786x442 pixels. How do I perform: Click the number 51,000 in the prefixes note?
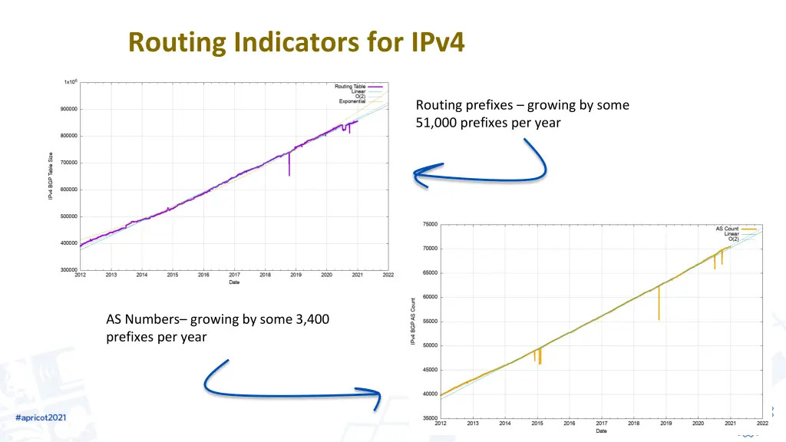coord(437,122)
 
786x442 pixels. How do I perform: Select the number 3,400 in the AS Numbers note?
coord(312,319)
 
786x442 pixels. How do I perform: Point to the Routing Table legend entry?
coord(351,86)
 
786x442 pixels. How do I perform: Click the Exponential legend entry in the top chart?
coord(352,101)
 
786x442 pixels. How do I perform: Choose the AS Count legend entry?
coord(727,229)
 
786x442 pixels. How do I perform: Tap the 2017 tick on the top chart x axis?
coord(234,275)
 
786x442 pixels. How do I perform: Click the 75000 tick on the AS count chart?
coord(430,224)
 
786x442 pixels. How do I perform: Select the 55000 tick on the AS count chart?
coord(430,322)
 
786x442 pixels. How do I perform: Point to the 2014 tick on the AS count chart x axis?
coord(505,423)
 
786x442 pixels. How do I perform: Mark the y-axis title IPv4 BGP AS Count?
coord(413,321)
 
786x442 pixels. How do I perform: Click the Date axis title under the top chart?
coord(234,282)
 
